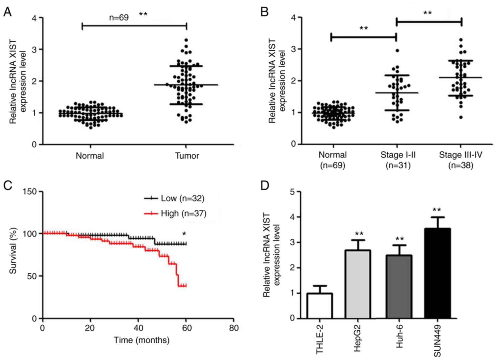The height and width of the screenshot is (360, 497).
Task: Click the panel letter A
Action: coord(7,12)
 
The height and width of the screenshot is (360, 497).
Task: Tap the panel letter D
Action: coord(265,186)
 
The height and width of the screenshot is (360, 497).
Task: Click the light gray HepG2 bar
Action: coord(358,284)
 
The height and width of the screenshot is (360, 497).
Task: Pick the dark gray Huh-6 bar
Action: coord(399,287)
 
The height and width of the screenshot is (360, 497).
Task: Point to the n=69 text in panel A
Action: coord(119,17)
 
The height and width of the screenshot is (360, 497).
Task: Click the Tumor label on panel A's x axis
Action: coord(187,156)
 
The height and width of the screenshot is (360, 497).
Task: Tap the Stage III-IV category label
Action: coord(461,155)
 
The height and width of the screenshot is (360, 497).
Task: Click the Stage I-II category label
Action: coord(398,155)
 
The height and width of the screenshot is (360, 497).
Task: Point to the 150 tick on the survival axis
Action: coord(30,192)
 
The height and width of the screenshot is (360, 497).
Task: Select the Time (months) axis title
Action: coord(142,340)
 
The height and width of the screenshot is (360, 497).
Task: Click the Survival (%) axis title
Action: coord(13,251)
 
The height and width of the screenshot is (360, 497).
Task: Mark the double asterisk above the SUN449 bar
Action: coord(437,210)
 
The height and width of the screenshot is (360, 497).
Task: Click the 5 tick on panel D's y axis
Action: coord(293,192)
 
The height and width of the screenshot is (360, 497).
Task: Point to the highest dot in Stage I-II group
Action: coord(397,51)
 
